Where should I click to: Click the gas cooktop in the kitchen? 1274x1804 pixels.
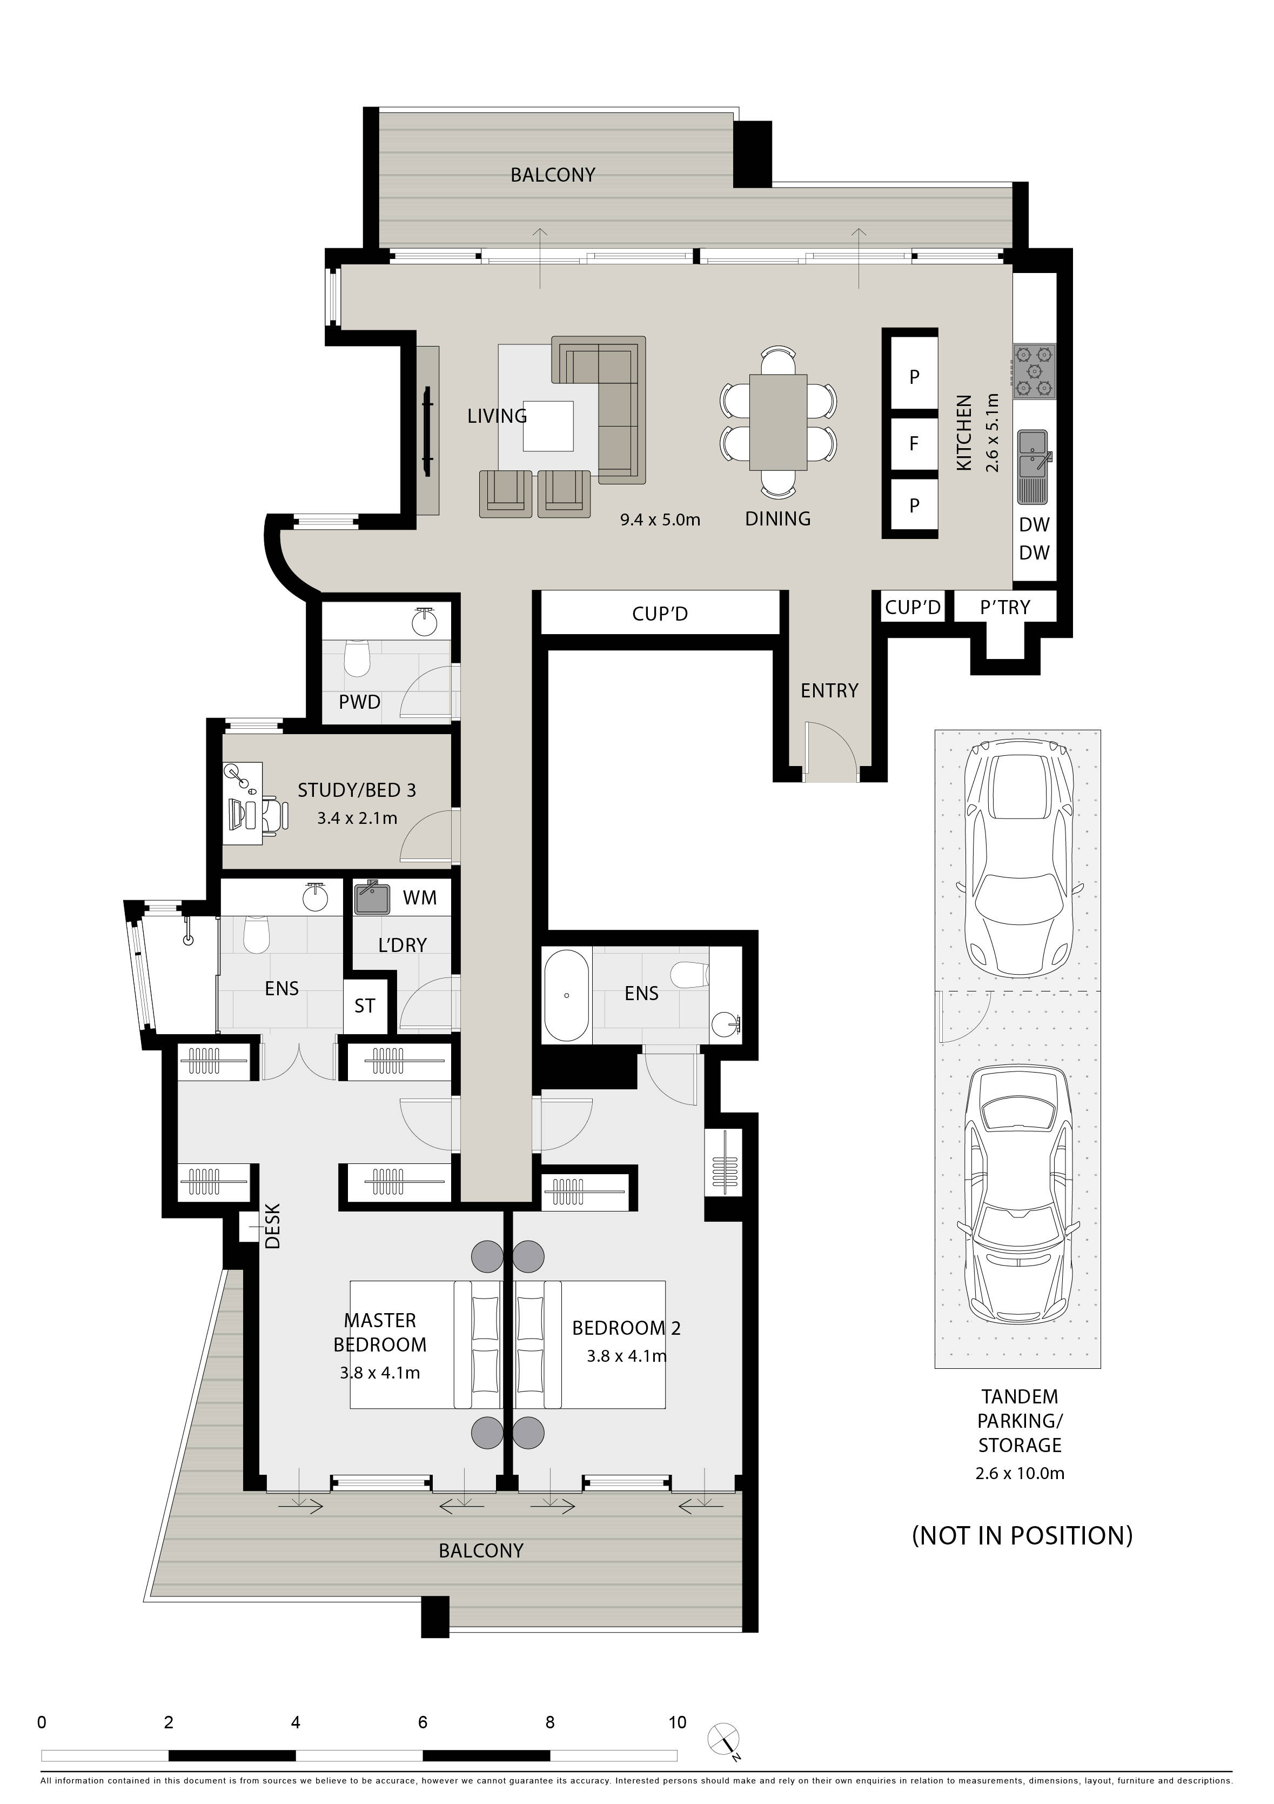(1034, 371)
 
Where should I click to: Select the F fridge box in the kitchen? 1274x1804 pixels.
(914, 444)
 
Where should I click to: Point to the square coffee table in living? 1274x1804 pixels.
(548, 425)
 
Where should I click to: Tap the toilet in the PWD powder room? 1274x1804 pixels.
(357, 657)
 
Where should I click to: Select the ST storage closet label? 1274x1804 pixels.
(365, 1007)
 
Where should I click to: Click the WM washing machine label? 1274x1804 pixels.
(419, 898)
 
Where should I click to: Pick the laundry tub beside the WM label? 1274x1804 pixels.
(372, 898)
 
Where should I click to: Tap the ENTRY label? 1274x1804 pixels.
(829, 691)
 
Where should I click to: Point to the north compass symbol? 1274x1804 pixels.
(723, 1740)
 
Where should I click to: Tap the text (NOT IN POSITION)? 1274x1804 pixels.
(1022, 1536)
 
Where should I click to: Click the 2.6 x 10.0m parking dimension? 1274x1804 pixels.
(1020, 1473)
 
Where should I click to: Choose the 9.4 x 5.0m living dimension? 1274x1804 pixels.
(660, 520)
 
